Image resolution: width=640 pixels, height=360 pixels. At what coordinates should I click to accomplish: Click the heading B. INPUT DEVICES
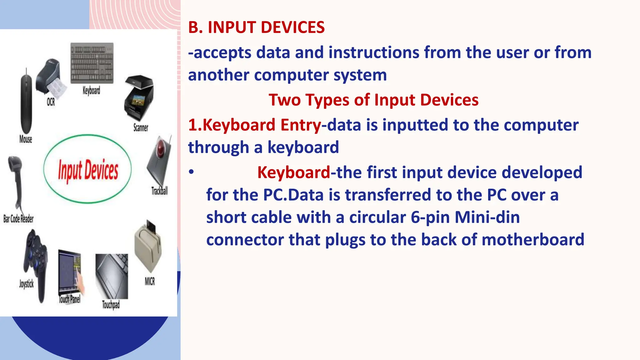pyautogui.click(x=256, y=27)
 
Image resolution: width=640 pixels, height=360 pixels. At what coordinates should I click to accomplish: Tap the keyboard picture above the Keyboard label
pyautogui.click(x=92, y=63)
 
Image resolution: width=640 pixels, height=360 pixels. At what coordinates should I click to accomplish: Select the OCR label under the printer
pyautogui.click(x=51, y=102)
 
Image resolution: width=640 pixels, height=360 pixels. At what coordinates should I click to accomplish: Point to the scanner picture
pyautogui.click(x=139, y=97)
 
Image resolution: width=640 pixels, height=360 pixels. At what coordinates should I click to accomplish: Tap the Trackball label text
pyautogui.click(x=159, y=191)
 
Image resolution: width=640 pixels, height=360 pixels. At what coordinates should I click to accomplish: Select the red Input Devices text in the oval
pyautogui.click(x=88, y=170)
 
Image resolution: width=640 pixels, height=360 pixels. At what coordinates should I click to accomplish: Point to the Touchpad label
pyautogui.click(x=111, y=304)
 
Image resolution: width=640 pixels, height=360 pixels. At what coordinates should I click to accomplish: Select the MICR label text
pyautogui.click(x=150, y=282)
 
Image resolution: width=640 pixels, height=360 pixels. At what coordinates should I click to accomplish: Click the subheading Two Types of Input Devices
pyautogui.click(x=373, y=100)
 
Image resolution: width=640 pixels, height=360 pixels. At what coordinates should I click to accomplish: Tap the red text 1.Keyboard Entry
pyautogui.click(x=254, y=125)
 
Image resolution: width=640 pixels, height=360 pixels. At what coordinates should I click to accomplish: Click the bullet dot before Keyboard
pyautogui.click(x=191, y=172)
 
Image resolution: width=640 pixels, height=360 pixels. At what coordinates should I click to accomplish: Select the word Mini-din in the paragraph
pyautogui.click(x=487, y=217)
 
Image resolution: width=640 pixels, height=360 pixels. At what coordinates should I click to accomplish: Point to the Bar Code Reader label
pyautogui.click(x=18, y=219)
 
